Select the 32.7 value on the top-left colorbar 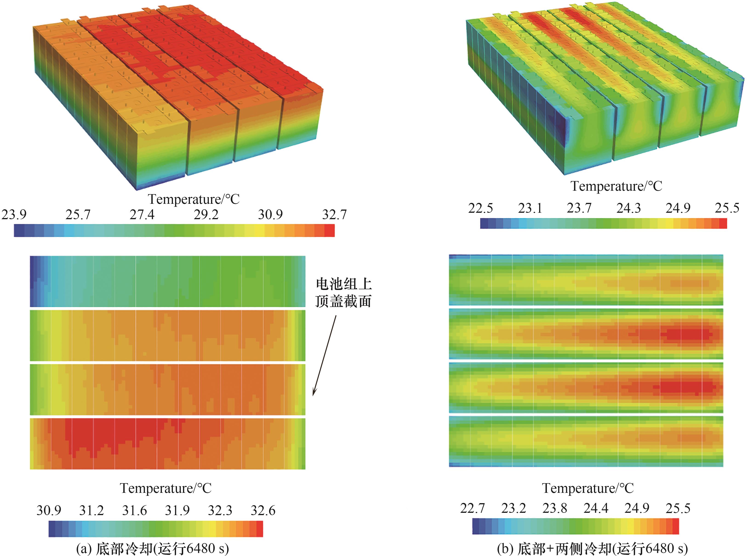334,214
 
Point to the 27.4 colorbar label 142,214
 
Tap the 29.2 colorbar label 206,214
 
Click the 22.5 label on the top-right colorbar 480,208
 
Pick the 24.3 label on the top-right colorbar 628,208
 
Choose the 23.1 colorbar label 530,208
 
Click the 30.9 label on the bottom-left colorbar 49,510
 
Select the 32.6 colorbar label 263,510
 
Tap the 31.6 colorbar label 134,510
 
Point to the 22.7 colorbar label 472,508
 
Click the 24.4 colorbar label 596,508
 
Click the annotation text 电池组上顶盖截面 343,292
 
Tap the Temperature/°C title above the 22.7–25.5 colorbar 588,488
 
